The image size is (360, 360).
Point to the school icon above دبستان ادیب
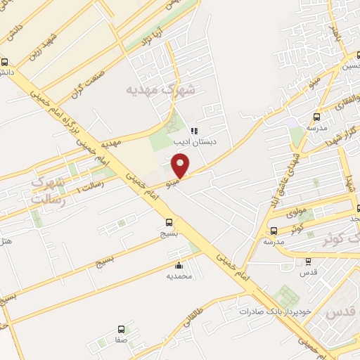pos(194,130)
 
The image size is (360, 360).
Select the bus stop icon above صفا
pos(121,328)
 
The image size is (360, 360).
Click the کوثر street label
pos(297,229)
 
